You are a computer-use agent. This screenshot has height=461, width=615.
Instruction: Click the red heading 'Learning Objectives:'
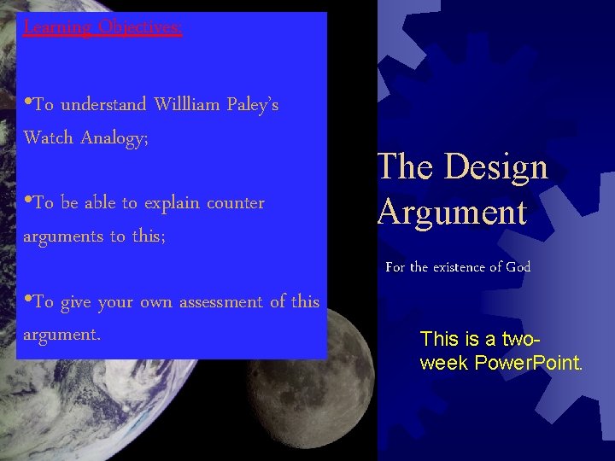coord(102,27)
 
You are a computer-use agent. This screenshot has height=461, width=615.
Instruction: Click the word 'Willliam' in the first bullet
coord(188,105)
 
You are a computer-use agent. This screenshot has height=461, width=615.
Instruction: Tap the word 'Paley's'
coord(253,105)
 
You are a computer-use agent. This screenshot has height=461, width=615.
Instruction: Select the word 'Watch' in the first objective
coord(49,137)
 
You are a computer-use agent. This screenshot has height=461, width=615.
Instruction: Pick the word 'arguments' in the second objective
coord(62,236)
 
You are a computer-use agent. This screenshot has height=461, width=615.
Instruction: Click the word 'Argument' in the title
coord(452,212)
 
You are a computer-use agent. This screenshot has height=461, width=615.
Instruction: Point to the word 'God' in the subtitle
coord(518,267)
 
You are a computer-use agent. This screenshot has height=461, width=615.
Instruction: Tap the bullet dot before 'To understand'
coord(28,104)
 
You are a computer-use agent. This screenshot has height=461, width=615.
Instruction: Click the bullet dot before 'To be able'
coord(28,202)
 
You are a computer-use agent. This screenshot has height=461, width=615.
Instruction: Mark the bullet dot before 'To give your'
coord(28,301)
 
